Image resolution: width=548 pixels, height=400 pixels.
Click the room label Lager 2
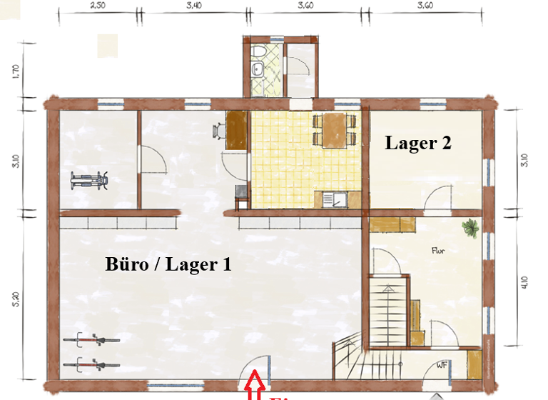click(418, 143)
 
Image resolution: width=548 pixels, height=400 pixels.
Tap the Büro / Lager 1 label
click(168, 265)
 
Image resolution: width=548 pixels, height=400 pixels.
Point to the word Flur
click(438, 251)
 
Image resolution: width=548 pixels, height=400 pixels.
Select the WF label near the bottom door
click(442, 364)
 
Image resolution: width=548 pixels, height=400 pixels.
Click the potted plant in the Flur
click(470, 229)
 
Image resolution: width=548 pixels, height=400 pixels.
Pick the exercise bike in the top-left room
click(89, 179)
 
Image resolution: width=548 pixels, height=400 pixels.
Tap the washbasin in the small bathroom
click(256, 69)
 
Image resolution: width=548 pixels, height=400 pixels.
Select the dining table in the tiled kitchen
click(334, 131)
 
